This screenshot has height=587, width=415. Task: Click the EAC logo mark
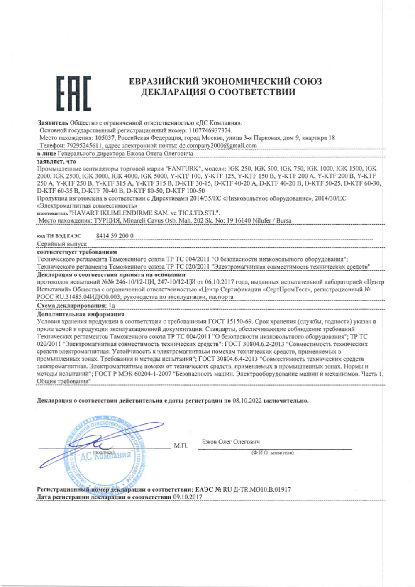pyautogui.click(x=74, y=93)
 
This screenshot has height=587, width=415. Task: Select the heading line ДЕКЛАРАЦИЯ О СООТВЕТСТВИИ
pyautogui.click(x=218, y=92)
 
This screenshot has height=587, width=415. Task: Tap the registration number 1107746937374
pyautogui.click(x=210, y=130)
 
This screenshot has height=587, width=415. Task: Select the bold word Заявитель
pyautogui.click(x=53, y=123)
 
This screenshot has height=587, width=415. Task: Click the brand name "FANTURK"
pyautogui.click(x=183, y=169)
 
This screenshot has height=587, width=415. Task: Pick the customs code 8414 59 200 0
pyautogui.click(x=115, y=236)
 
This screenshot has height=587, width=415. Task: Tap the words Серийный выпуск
pyautogui.click(x=62, y=244)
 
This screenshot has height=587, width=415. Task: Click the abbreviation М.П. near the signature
pyautogui.click(x=181, y=446)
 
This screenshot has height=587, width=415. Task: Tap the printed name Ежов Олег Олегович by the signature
pyautogui.click(x=231, y=442)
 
